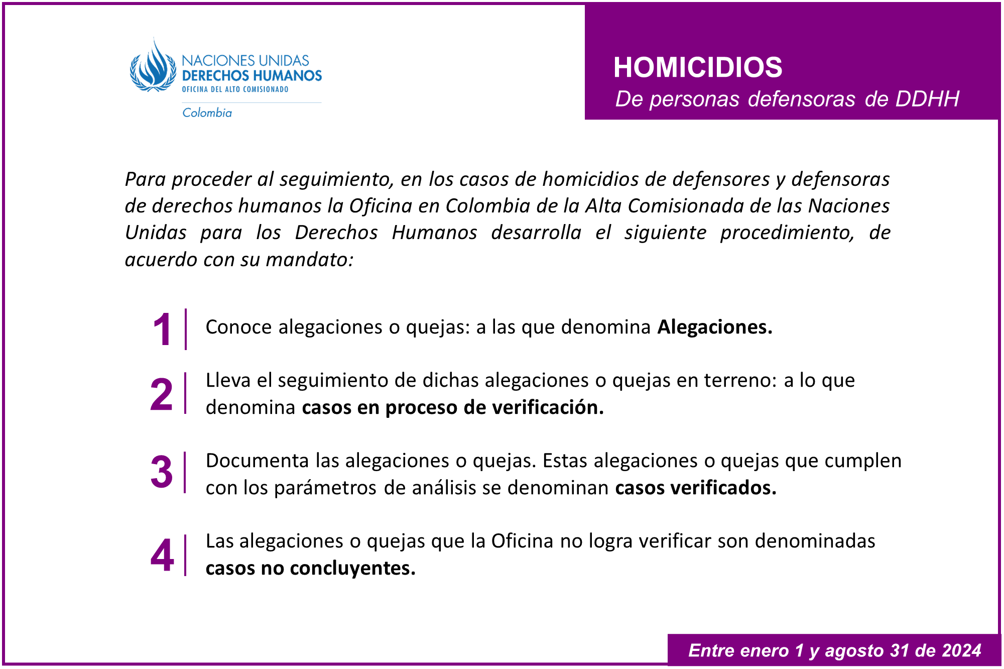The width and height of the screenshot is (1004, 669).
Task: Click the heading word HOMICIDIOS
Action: [697, 67]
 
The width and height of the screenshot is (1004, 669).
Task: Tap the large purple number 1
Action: [162, 330]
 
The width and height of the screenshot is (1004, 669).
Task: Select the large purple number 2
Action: [162, 395]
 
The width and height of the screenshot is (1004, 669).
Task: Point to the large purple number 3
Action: [162, 473]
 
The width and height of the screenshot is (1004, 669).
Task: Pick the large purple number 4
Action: [162, 555]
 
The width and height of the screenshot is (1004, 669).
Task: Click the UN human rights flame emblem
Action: [153, 68]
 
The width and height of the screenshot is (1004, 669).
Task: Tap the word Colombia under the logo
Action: [207, 113]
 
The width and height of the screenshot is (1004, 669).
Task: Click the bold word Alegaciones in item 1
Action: [714, 327]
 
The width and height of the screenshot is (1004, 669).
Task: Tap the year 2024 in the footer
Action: [961, 650]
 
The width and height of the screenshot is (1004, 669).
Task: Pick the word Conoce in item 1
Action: [238, 327]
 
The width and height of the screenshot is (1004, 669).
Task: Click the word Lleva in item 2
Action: [228, 381]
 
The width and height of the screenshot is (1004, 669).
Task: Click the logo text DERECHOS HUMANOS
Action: [252, 76]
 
